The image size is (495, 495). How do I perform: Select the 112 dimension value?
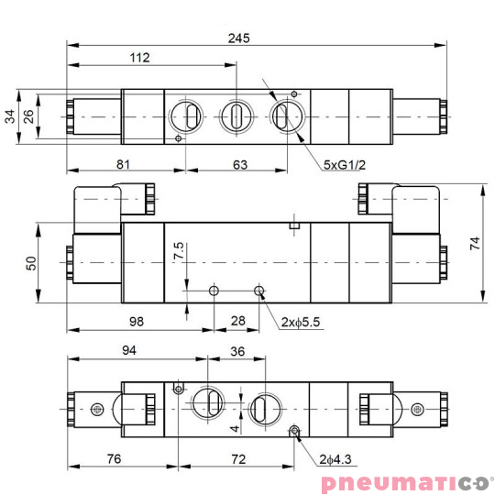(x=139, y=59)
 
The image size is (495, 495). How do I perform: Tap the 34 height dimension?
(x=10, y=115)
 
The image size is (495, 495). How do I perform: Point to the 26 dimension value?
(x=28, y=115)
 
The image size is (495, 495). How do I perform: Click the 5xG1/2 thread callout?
(x=345, y=165)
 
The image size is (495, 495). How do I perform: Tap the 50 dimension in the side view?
(x=32, y=262)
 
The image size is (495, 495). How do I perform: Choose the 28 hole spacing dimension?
(x=238, y=320)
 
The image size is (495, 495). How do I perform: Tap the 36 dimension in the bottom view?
(x=236, y=351)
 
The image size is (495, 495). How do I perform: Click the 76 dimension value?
(x=114, y=457)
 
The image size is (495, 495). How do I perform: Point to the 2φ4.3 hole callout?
(x=336, y=458)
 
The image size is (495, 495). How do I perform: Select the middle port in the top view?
(x=236, y=115)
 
